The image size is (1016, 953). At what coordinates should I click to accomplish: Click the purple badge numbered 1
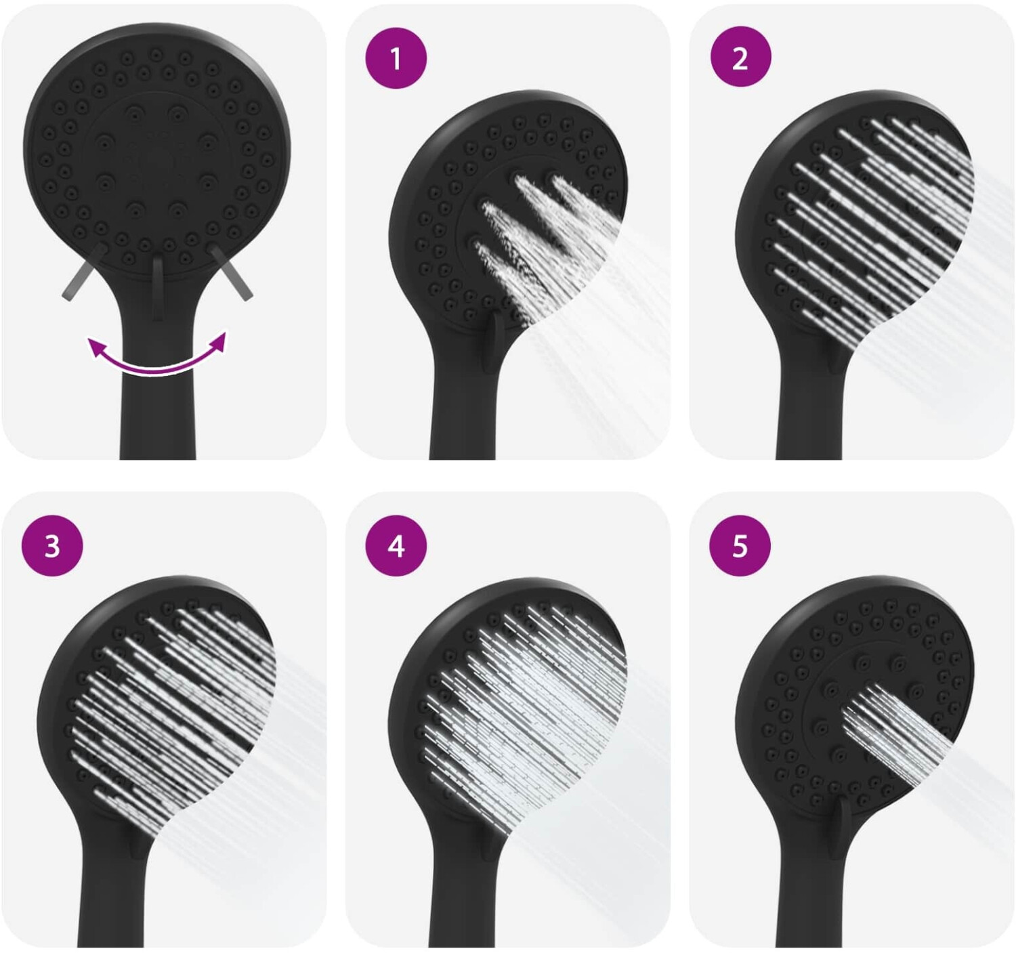click(x=396, y=58)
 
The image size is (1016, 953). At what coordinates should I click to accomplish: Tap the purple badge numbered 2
click(x=740, y=58)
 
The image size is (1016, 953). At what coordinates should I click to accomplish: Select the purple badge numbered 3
click(x=51, y=546)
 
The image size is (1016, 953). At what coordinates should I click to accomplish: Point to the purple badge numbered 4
click(x=396, y=546)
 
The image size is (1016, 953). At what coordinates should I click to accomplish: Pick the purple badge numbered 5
click(x=740, y=546)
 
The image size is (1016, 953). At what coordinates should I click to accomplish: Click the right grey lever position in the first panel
click(x=230, y=272)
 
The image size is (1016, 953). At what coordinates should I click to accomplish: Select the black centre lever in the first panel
click(x=158, y=287)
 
